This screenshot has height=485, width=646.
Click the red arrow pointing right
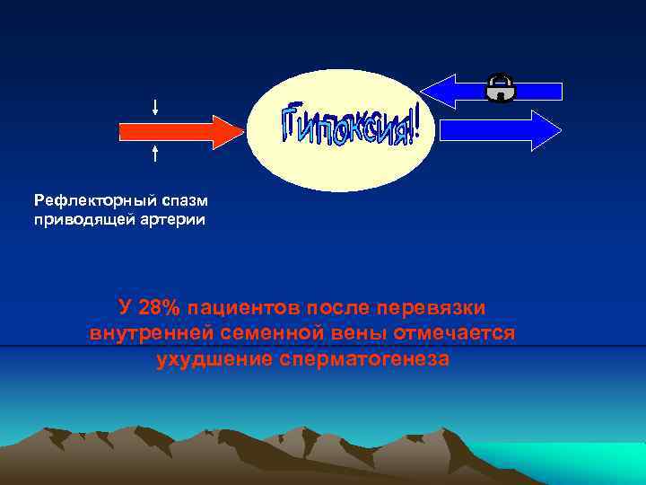point(179,131)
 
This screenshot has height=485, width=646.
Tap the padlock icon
point(500,87)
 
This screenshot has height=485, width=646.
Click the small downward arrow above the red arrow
point(156,107)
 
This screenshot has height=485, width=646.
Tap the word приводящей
point(80,218)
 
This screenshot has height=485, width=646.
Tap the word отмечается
point(453,333)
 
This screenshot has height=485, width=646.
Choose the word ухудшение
point(213,359)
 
